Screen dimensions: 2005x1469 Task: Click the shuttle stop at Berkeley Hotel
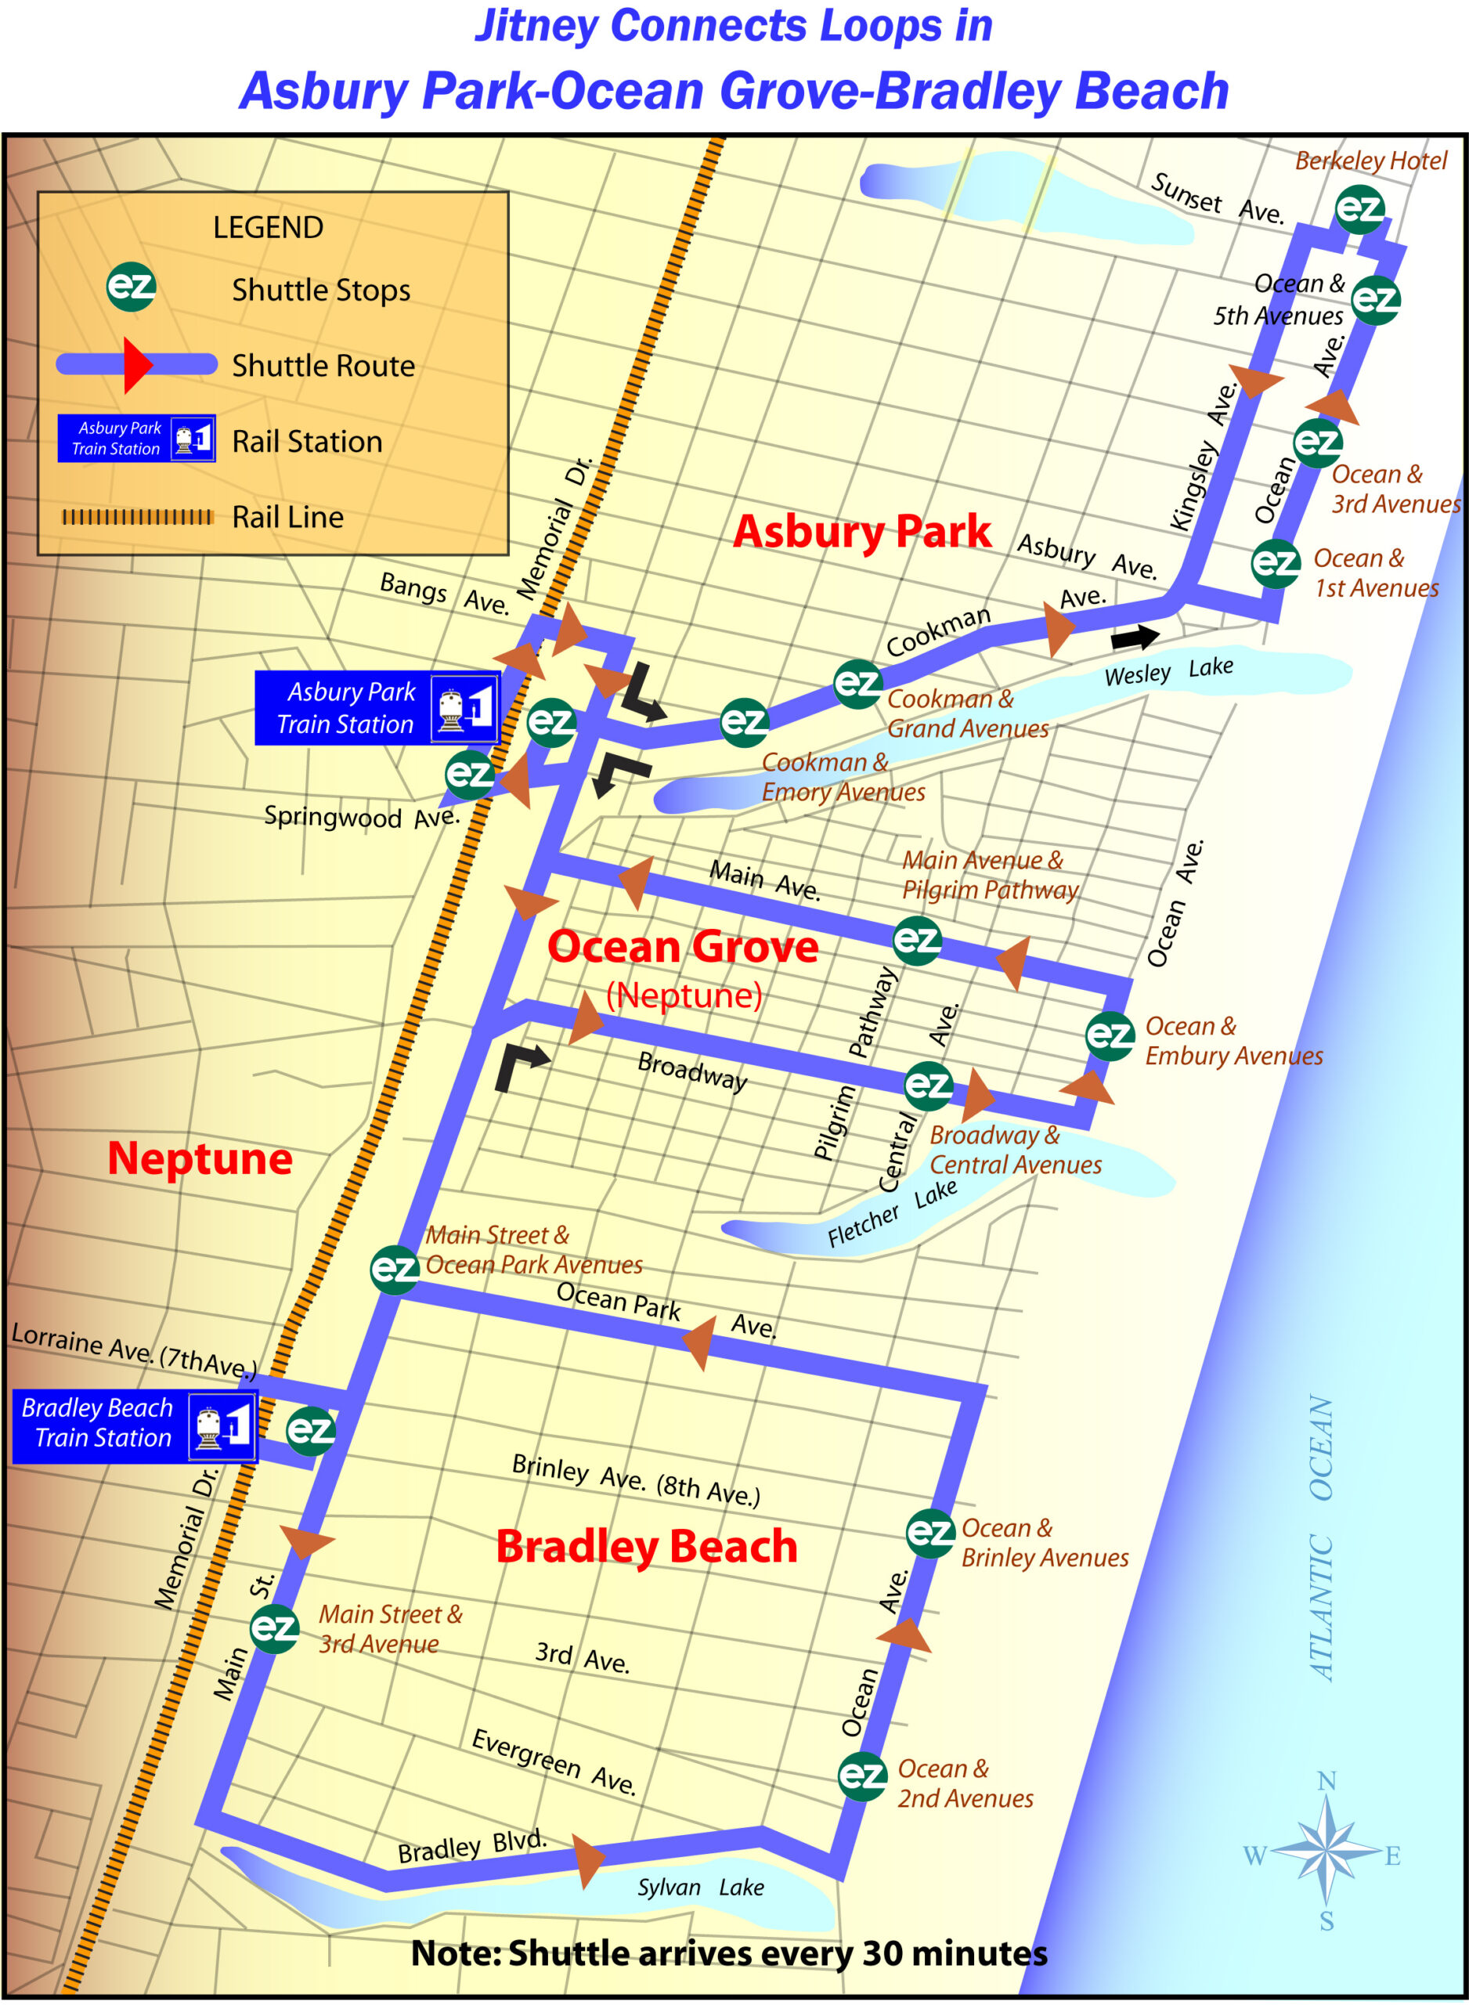[1359, 209]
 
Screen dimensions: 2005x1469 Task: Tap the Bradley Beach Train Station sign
[134, 1426]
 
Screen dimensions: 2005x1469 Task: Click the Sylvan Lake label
[700, 1887]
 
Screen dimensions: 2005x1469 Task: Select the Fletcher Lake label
[891, 1214]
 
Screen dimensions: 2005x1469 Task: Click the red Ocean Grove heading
[682, 947]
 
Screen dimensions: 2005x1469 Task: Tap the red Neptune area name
[200, 1158]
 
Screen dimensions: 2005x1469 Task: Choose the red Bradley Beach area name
[647, 1547]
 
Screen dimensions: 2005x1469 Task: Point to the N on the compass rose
[1326, 1781]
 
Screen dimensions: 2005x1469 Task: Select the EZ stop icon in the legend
[131, 287]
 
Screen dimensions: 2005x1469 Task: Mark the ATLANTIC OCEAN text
[1321, 1537]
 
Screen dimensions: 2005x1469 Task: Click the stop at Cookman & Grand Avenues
[857, 683]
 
